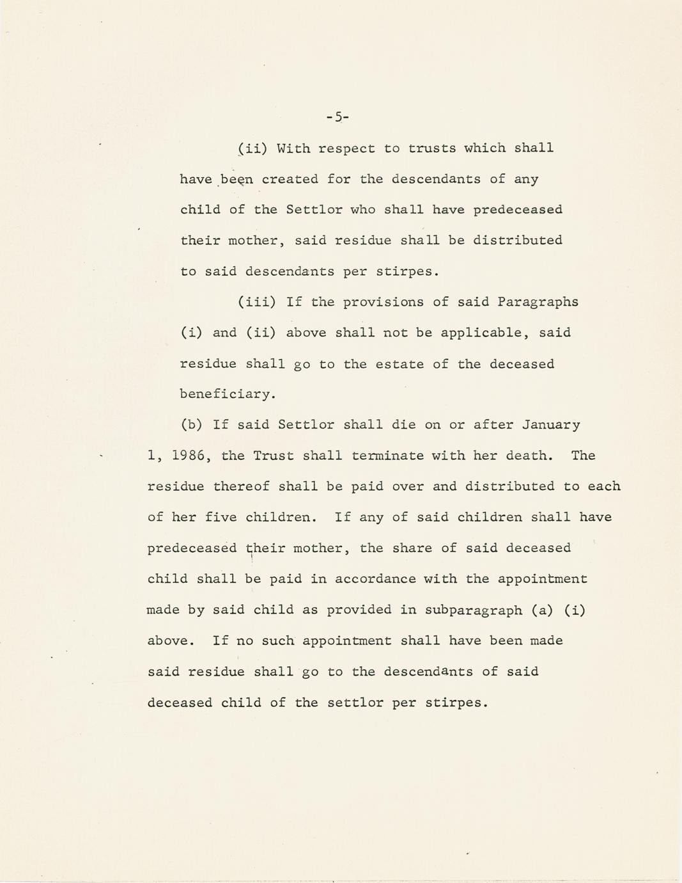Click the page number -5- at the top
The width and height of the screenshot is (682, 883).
coord(337,116)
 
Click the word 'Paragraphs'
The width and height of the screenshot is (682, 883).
coord(538,302)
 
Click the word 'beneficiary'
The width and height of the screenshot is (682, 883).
coord(227,394)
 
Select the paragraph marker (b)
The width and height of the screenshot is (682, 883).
coord(192,425)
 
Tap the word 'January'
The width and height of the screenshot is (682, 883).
coord(551,425)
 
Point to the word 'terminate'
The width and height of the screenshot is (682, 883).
coord(387,456)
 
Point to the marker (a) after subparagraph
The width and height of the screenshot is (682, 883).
coord(543,610)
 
